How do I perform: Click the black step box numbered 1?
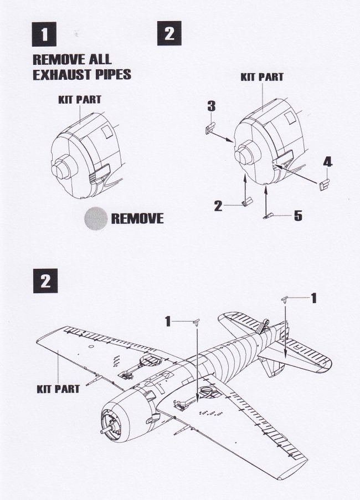coord(44,34)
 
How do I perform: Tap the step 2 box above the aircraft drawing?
coord(45,281)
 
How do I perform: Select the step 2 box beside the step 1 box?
coord(169,33)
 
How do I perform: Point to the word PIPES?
coord(109,75)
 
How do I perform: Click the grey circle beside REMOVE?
coord(96,218)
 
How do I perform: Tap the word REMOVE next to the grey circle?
coord(137,218)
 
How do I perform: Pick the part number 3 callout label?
coord(212,106)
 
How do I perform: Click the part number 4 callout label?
coord(327,162)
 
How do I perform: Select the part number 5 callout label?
coord(298,216)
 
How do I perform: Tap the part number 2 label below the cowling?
coord(218,206)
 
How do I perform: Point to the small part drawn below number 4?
coord(323,185)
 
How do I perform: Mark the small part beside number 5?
coord(268,216)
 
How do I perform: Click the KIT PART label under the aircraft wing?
coord(58,389)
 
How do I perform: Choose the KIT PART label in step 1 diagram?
coord(80,100)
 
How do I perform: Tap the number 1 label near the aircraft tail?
coord(314,298)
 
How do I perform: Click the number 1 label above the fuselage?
coord(168,322)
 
